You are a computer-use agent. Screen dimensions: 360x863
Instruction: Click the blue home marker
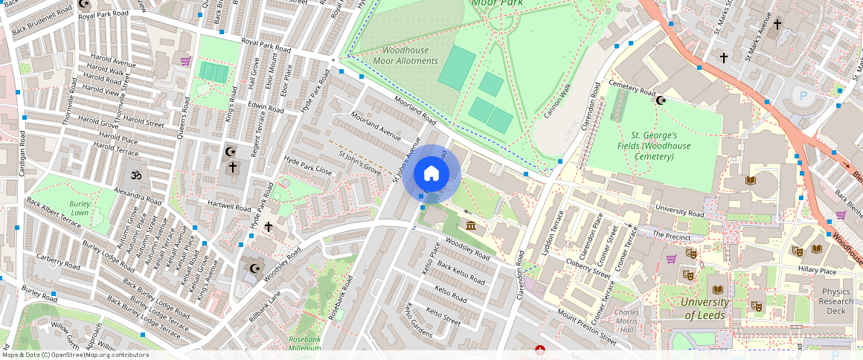coord(431,174)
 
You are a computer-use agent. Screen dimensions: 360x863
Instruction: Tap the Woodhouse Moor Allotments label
coord(405,55)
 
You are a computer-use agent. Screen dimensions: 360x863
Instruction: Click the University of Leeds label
coord(705,309)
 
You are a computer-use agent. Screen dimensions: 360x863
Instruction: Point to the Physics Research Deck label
coord(836,301)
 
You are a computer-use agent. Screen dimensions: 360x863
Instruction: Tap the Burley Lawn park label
coord(80,208)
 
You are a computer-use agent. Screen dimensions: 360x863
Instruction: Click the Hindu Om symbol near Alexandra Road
coord(135,176)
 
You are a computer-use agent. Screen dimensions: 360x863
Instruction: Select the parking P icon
coord(802,96)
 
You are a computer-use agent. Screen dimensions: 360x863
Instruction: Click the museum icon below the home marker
coord(470,226)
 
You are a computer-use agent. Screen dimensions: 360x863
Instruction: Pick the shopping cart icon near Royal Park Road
coord(185,61)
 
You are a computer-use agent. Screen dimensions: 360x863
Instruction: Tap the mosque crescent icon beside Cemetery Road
coord(661,100)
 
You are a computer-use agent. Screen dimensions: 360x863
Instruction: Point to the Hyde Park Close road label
coord(308,166)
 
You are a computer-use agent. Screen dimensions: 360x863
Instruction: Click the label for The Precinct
coord(667,234)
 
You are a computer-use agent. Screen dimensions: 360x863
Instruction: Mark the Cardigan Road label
coord(23,153)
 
